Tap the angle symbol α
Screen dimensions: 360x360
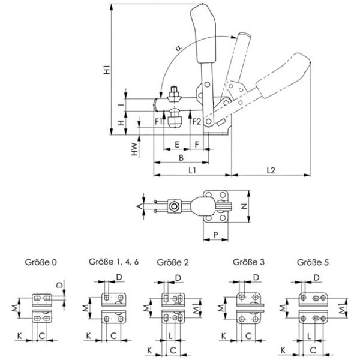pyautogui.click(x=178, y=46)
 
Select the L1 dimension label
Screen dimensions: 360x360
pyautogui.click(x=192, y=170)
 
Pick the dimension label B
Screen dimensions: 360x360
pyautogui.click(x=181, y=157)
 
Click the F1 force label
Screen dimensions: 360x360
pyautogui.click(x=158, y=122)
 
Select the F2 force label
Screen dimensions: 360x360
pyautogui.click(x=195, y=122)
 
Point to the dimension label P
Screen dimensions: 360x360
pyautogui.click(x=215, y=235)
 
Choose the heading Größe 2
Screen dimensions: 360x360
pyautogui.click(x=172, y=262)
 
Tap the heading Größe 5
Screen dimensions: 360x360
pyautogui.click(x=312, y=262)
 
